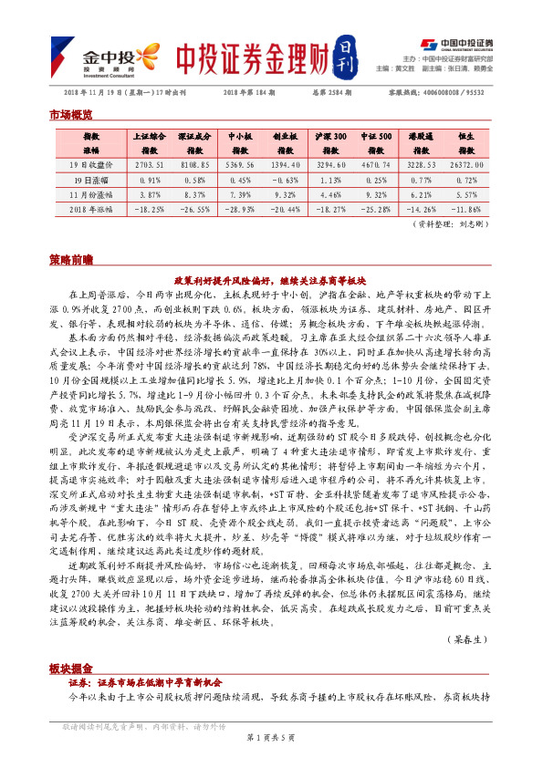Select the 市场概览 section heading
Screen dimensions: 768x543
pos(69,115)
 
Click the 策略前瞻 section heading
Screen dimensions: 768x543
pos(69,260)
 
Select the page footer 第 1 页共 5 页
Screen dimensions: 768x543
pos(271,759)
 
